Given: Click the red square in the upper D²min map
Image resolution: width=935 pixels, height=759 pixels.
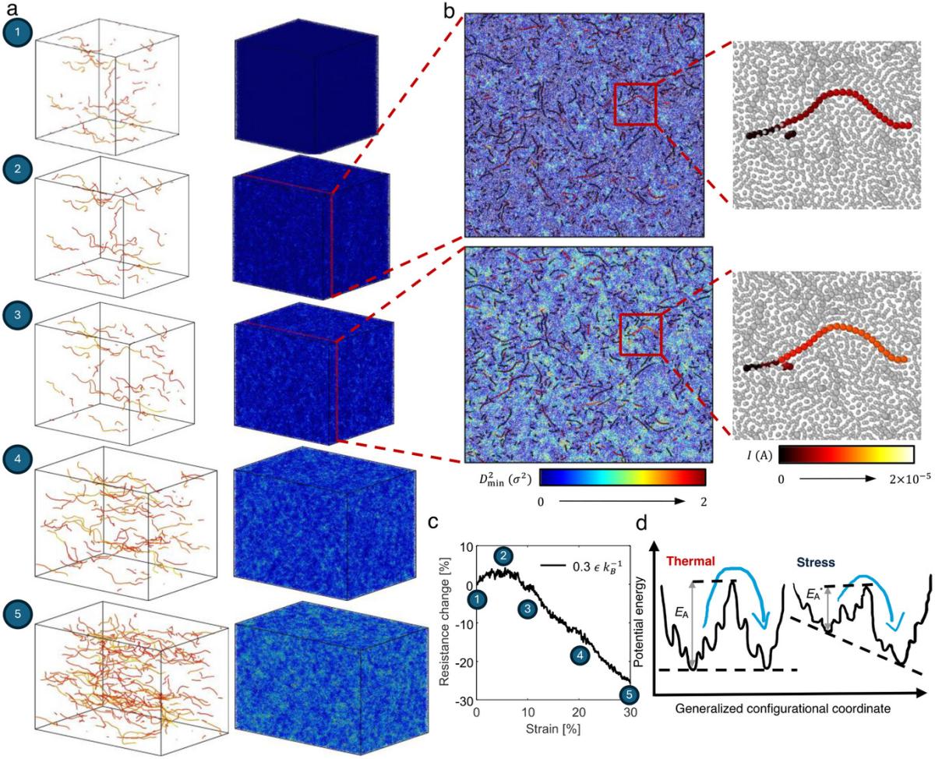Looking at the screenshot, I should click(635, 104).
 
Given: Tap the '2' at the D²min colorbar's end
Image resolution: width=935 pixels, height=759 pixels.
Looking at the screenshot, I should click(702, 502).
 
